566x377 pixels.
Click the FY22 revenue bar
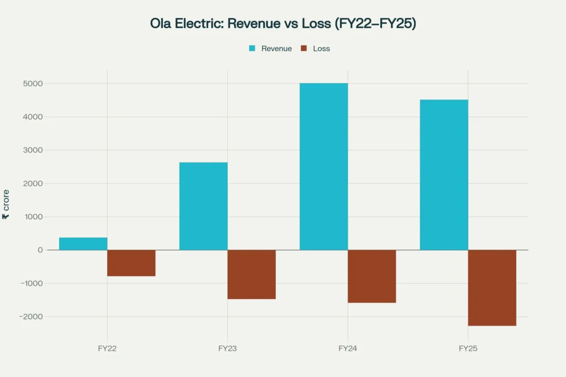coord(83,243)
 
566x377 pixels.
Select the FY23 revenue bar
coord(203,206)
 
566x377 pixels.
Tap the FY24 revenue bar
coord(323,166)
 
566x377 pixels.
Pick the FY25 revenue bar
coord(444,174)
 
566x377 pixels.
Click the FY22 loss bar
coord(131,263)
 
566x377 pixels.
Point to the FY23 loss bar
coord(251,274)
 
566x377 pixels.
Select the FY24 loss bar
coord(371,276)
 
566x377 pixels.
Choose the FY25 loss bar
coord(492,288)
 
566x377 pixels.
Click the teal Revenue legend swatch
coord(252,49)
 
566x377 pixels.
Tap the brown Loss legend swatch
coord(303,49)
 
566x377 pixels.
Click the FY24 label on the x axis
coord(348,349)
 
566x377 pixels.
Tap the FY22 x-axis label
coord(107,349)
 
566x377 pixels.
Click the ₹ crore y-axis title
coord(6,204)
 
